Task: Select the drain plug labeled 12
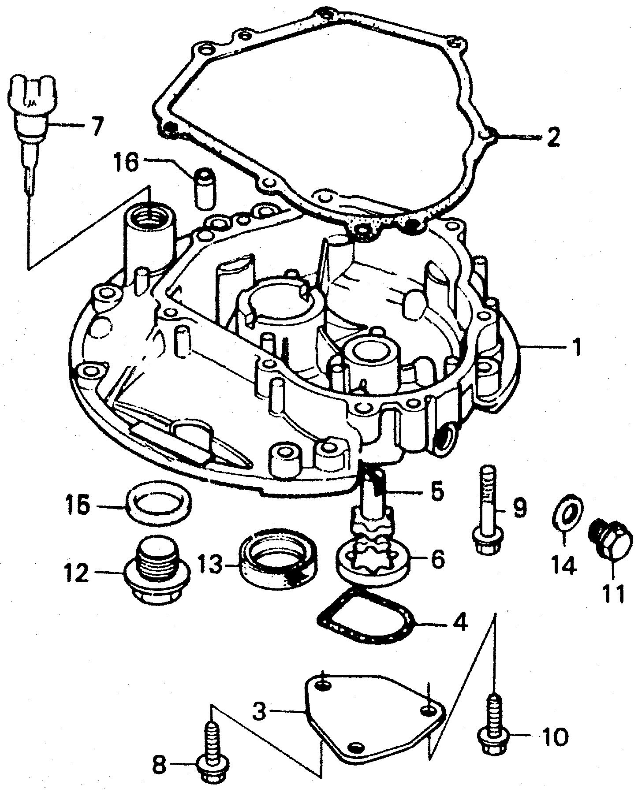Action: (x=157, y=574)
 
